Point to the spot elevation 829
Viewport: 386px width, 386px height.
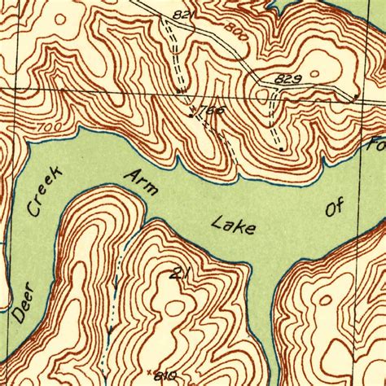click(289, 78)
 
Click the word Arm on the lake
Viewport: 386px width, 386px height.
click(137, 184)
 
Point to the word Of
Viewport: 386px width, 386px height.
click(335, 208)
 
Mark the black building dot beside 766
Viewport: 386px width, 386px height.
click(191, 115)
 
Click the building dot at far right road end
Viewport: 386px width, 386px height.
click(356, 98)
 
